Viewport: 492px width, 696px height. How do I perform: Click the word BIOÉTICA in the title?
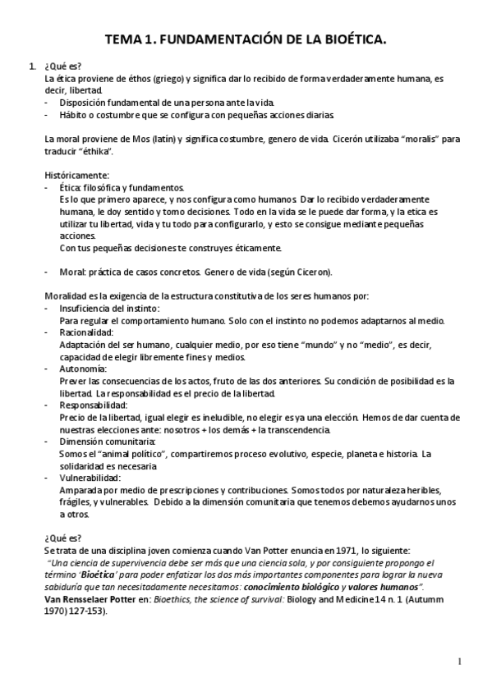(349, 39)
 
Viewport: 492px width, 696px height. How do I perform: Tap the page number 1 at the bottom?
(461, 662)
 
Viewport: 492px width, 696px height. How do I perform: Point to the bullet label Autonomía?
(84, 369)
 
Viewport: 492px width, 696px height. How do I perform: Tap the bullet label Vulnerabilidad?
(90, 478)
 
